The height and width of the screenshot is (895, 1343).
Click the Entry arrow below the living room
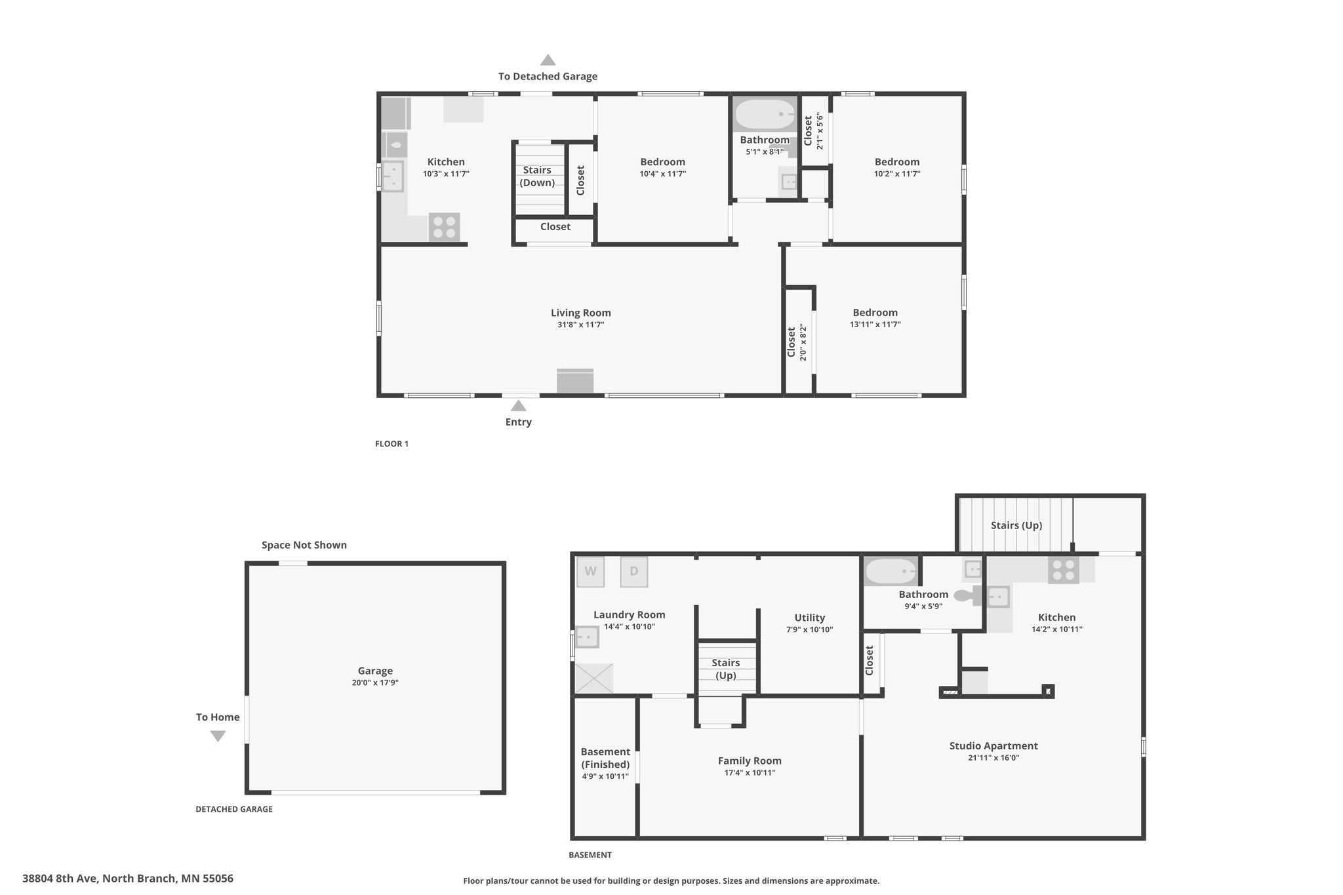point(518,406)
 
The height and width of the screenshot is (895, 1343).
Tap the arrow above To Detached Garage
point(548,60)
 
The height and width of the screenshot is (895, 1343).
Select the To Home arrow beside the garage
point(218,736)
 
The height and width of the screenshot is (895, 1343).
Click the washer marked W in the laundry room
point(590,571)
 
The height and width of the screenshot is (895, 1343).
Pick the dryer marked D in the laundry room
point(634,571)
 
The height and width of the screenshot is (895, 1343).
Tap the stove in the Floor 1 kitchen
point(444,228)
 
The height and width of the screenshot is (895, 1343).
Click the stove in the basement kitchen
point(1063,570)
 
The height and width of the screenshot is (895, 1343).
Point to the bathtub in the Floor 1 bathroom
point(764,115)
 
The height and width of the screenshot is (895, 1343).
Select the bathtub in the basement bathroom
point(891,572)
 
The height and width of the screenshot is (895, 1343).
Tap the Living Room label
point(580,313)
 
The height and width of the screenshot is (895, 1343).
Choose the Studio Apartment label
point(993,746)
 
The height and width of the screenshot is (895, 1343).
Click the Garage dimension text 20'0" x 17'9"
point(375,683)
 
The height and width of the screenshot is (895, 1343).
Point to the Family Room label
point(750,761)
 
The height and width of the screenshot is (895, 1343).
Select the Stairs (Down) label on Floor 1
point(537,176)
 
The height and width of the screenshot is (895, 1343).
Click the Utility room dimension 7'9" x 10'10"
point(809,629)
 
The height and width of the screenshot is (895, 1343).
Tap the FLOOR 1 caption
point(391,444)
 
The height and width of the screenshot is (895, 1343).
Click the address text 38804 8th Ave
point(60,879)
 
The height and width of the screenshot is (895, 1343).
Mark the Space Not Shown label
point(304,545)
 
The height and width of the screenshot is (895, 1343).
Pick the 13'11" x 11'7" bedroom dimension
point(875,325)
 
